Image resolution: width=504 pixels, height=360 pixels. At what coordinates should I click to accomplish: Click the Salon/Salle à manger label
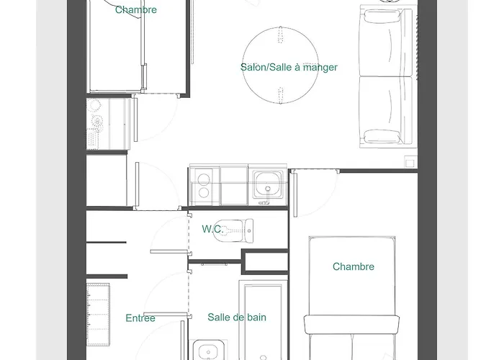click(289, 68)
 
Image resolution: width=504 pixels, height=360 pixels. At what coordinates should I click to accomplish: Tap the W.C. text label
click(212, 229)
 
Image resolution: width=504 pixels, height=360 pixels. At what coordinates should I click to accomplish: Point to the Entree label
click(140, 318)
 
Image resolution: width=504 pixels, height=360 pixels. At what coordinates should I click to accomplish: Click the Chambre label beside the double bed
click(354, 266)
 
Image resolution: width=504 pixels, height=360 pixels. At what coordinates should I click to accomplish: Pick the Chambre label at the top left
click(135, 10)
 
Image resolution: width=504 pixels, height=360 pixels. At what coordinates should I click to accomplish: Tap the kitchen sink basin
click(269, 184)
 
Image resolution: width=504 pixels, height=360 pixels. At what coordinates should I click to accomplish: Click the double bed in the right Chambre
click(353, 295)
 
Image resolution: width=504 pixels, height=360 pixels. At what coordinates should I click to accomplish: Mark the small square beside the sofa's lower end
click(410, 161)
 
